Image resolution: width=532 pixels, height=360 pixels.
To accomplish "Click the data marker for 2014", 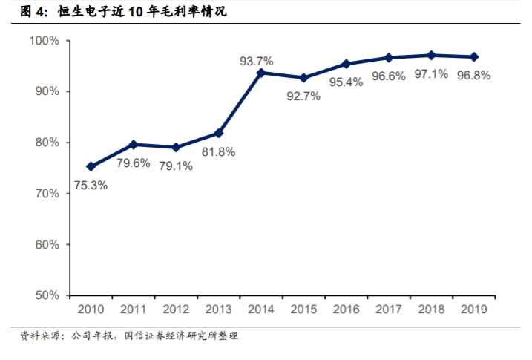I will click(260, 73).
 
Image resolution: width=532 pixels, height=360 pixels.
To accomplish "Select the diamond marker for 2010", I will click(91, 167).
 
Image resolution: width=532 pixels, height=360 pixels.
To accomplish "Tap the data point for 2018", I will click(431, 55).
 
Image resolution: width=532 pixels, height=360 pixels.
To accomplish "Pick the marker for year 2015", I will click(303, 78).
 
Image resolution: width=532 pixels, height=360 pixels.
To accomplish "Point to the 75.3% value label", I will click(91, 185).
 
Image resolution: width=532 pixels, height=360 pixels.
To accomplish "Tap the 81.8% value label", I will click(219, 151).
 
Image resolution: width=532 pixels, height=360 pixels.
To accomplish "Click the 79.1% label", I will click(176, 166).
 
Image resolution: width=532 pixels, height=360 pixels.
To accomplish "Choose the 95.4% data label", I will click(347, 82).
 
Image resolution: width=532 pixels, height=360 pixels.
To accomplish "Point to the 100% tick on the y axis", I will click(45, 40).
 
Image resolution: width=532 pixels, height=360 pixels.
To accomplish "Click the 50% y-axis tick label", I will click(47, 295).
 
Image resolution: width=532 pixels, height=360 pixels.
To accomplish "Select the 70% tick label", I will click(47, 193).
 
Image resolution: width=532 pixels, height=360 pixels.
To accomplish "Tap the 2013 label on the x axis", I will click(218, 309).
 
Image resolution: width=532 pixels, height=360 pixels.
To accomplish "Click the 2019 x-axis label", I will click(474, 309).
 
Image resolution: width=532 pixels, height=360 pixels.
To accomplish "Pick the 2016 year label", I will click(346, 309).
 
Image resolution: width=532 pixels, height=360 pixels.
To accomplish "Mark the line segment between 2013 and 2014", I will click(239, 103).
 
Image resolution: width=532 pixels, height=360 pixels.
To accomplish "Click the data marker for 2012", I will click(176, 148).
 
